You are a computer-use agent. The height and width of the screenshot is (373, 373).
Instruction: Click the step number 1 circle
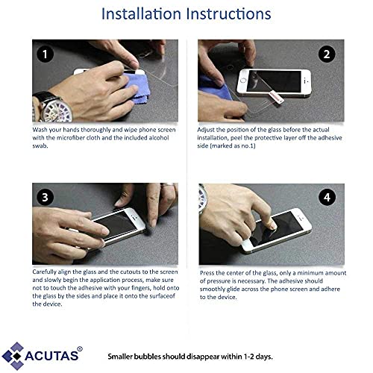pos(45,54)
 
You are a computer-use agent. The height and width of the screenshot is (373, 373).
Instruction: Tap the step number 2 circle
pos(327,54)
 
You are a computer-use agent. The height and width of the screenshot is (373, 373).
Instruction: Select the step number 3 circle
pos(45,197)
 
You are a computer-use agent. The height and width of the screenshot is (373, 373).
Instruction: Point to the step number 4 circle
pos(327,197)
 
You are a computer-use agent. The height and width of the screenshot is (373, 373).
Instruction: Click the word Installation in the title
pos(141,13)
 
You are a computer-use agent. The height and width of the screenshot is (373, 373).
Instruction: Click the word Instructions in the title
pos(229,13)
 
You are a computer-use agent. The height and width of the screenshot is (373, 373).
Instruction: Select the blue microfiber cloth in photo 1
pos(137,87)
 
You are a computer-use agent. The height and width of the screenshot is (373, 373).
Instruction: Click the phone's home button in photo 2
pos(243,81)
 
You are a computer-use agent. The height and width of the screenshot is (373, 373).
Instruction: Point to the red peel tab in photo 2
pos(276,96)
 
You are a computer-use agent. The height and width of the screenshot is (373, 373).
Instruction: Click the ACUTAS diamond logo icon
pos(13,356)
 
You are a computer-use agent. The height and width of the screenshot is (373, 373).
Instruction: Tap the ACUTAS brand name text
pos(51,356)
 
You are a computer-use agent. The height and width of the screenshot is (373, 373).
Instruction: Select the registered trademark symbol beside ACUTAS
pos(80,349)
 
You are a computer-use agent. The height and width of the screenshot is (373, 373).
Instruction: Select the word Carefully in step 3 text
pos(44,272)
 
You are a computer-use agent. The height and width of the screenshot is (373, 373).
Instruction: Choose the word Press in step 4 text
pos(207,273)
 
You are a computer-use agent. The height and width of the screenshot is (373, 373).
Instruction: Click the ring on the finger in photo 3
pos(168,184)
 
